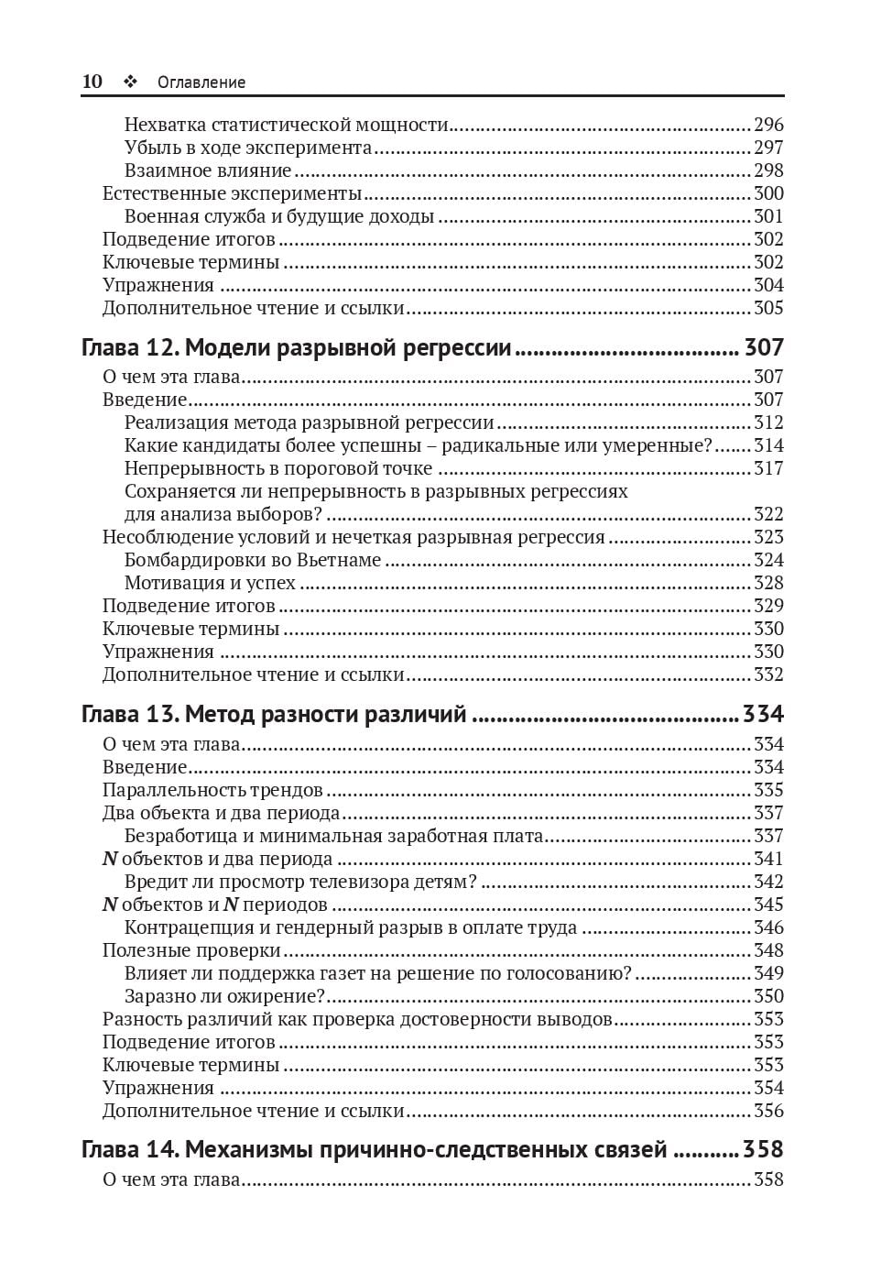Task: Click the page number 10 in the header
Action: click(x=92, y=82)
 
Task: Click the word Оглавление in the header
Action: click(x=201, y=82)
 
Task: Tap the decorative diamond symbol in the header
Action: click(x=130, y=82)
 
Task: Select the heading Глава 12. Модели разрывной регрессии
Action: click(x=296, y=347)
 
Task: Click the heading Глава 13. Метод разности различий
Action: click(x=274, y=714)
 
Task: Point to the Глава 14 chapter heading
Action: click(x=374, y=1149)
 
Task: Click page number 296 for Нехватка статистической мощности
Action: click(x=768, y=125)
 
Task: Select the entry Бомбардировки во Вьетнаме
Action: click(x=252, y=560)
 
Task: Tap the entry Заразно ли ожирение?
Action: click(x=224, y=996)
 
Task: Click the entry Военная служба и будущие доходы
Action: click(x=278, y=216)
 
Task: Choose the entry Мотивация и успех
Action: click(x=210, y=583)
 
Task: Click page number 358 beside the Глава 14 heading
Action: click(x=763, y=1149)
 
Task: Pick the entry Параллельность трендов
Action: click(x=212, y=790)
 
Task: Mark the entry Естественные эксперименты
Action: click(x=232, y=193)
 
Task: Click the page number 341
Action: click(x=768, y=859)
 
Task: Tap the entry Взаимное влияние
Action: click(x=208, y=170)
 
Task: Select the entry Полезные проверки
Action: click(x=191, y=950)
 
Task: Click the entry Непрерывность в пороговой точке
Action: click(x=278, y=468)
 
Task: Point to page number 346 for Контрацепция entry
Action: click(x=768, y=927)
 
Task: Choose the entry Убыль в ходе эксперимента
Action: click(x=248, y=148)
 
